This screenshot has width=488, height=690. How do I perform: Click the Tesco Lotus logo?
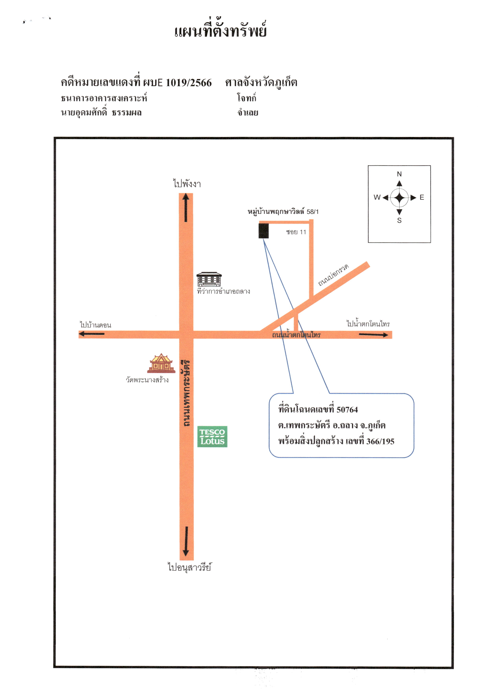tap(212, 436)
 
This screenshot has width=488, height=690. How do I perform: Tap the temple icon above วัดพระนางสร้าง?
tap(161, 363)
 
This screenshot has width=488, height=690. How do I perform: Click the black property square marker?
tap(263, 231)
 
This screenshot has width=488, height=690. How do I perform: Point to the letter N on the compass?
tap(399, 174)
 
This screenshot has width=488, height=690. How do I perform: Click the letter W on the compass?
tap(377, 197)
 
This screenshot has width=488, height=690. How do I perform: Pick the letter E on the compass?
tap(422, 197)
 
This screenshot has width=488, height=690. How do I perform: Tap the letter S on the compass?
tap(399, 220)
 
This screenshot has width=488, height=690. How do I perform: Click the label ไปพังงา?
tap(187, 183)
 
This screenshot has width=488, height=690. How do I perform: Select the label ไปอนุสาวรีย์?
tap(189, 567)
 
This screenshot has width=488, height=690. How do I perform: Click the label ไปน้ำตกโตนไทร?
tap(368, 323)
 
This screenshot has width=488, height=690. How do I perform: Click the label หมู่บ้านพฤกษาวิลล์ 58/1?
tap(283, 211)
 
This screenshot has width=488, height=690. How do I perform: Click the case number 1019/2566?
tap(189, 82)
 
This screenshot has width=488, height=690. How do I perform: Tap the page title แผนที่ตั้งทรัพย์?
tap(221, 30)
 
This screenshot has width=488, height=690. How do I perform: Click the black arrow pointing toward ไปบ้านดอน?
tap(91, 334)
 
